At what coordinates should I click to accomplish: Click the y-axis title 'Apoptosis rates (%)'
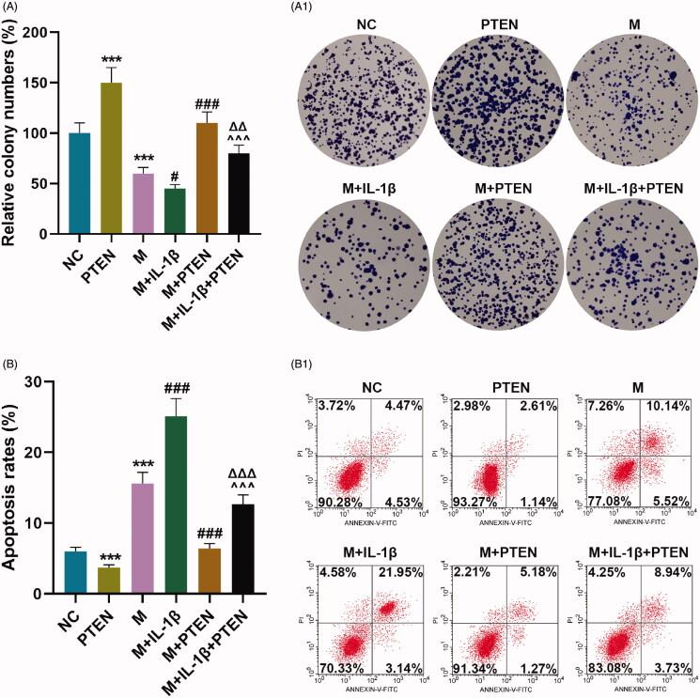pyautogui.click(x=14, y=489)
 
